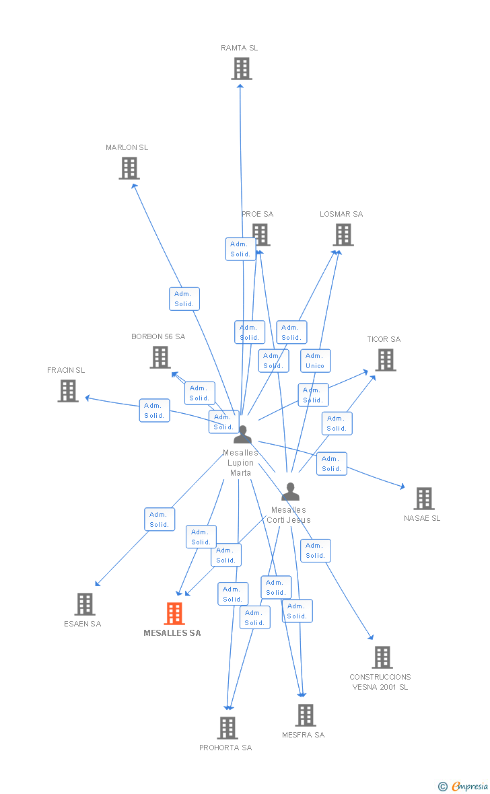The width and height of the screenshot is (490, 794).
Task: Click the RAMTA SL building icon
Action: pyautogui.click(x=242, y=69)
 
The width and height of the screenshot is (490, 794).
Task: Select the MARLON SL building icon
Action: pyautogui.click(x=129, y=168)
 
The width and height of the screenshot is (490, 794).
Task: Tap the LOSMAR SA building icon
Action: pyautogui.click(x=343, y=235)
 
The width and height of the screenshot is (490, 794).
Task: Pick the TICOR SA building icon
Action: pyautogui.click(x=386, y=360)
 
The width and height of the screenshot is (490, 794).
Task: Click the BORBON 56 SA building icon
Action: pyautogui.click(x=160, y=357)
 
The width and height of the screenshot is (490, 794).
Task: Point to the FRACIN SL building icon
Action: pyautogui.click(x=68, y=391)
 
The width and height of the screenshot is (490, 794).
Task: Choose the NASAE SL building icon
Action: pyautogui.click(x=424, y=499)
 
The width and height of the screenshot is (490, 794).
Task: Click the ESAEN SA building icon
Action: pyautogui.click(x=85, y=604)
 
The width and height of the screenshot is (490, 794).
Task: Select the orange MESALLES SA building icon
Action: pyautogui.click(x=174, y=614)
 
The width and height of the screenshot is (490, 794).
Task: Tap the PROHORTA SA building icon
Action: pyautogui.click(x=228, y=728)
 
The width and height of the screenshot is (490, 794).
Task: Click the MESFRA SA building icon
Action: pyautogui.click(x=306, y=715)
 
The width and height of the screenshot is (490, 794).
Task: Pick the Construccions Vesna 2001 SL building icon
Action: pyautogui.click(x=382, y=657)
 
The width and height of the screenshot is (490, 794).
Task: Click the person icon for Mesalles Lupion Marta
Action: pyautogui.click(x=242, y=435)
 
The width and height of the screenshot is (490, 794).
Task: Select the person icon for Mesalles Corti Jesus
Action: pyautogui.click(x=290, y=492)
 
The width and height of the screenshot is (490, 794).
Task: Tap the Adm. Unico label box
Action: pyautogui.click(x=315, y=361)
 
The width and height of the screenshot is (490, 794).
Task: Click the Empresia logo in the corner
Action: pyautogui.click(x=464, y=786)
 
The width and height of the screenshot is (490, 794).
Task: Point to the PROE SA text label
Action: pyautogui.click(x=258, y=214)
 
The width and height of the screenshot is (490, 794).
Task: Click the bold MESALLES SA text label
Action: pyautogui.click(x=172, y=633)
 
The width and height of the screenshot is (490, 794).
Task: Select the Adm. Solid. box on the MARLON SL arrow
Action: pyautogui.click(x=184, y=299)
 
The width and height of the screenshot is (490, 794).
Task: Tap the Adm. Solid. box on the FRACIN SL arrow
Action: pyautogui.click(x=154, y=410)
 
